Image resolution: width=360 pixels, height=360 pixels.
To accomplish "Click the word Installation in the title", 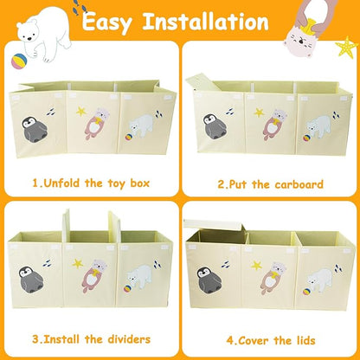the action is point(206,22).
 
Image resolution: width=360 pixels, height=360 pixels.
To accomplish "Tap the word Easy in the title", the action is point(107,22).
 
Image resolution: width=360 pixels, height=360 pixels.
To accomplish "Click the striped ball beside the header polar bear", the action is point(19,61).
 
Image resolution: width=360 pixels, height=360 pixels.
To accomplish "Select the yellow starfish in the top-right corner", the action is point(347,48).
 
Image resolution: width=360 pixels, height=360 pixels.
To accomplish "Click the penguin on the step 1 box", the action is point(34,129).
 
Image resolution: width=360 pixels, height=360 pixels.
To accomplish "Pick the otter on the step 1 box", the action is point(94,123).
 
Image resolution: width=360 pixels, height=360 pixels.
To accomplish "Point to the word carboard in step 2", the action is point(299,184).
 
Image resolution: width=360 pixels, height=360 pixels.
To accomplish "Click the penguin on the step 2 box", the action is point(215,127).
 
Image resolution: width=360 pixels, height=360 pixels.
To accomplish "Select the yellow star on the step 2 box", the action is point(259,112).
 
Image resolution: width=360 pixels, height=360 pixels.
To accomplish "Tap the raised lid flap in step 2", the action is point(201,81).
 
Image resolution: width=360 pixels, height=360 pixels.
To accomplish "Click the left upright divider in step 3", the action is point(67,226).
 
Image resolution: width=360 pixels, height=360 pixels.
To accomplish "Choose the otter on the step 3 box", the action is point(93,276).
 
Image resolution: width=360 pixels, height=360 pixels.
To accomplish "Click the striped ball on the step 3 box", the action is point(128,288).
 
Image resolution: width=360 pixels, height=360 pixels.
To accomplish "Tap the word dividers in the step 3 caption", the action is point(129,339).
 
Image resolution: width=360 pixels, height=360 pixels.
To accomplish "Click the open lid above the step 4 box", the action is point(215,225).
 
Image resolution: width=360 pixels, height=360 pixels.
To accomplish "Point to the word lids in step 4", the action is point(305,340).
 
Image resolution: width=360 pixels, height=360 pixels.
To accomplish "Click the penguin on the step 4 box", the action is point(209,280).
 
